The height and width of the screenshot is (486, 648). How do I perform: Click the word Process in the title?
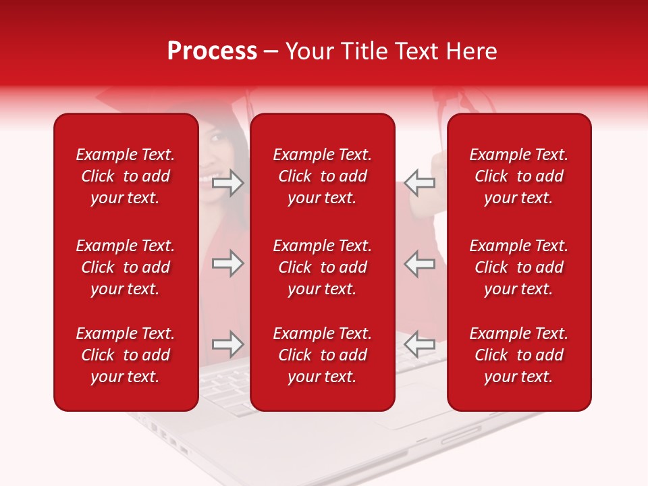(x=212, y=51)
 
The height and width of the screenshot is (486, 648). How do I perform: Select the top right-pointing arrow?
(x=228, y=183)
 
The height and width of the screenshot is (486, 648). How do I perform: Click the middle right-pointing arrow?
(x=228, y=263)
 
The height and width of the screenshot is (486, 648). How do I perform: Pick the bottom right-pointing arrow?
(x=228, y=345)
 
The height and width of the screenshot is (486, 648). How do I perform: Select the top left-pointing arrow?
(x=419, y=183)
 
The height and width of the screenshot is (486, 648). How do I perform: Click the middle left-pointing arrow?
(x=419, y=263)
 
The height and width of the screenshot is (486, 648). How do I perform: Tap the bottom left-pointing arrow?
(x=419, y=345)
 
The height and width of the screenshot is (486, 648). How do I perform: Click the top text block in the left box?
(x=126, y=176)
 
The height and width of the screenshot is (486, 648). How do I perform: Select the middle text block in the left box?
(x=126, y=267)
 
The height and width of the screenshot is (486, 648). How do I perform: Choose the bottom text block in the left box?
(x=126, y=355)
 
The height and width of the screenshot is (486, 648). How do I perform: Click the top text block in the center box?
(x=322, y=176)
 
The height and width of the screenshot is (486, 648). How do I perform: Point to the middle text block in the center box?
(x=322, y=267)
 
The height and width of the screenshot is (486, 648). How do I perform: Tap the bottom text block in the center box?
(x=322, y=355)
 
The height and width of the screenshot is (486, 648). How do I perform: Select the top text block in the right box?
(x=518, y=176)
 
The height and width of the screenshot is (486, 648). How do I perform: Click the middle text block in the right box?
(x=518, y=267)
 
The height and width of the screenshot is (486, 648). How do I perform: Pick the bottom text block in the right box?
(x=518, y=355)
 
